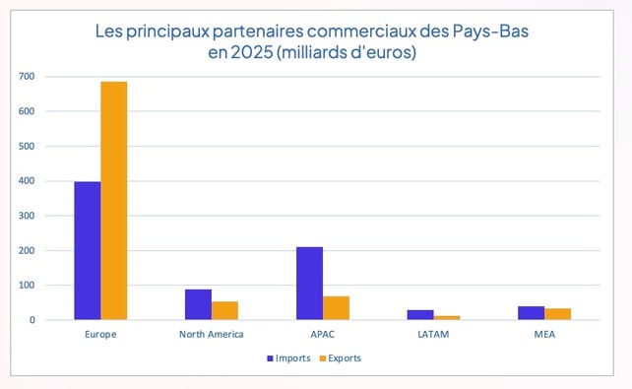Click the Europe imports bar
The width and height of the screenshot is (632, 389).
point(88,251)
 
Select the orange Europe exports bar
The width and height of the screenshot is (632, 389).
point(114,201)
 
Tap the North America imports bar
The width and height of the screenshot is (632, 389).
point(198,304)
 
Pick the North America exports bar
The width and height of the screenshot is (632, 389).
point(225,310)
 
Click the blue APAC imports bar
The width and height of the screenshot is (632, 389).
point(309,284)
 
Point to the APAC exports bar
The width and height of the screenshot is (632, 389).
point(336,307)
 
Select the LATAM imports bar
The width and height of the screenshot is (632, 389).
point(420,315)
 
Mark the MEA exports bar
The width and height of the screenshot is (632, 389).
point(558,314)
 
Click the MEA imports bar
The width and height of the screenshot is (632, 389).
point(532,313)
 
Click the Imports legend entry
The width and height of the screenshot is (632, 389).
point(288,357)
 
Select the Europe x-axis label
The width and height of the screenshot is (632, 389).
point(101,335)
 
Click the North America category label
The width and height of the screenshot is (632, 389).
point(212,335)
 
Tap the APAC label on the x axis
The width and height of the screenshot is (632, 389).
point(323,335)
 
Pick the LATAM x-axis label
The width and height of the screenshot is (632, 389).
point(433,335)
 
